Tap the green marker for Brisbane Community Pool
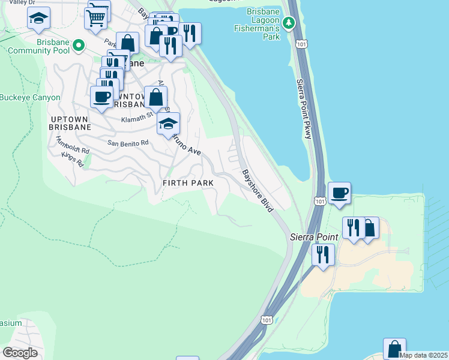77,46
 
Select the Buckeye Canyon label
30,97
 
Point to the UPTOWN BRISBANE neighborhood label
71,122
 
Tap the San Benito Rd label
128,143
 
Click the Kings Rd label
71,159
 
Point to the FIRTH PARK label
188,182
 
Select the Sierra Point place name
314,237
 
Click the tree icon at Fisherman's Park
289,23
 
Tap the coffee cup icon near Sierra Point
340,193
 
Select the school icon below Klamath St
168,124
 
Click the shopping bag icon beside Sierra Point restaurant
369,227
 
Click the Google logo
20,353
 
